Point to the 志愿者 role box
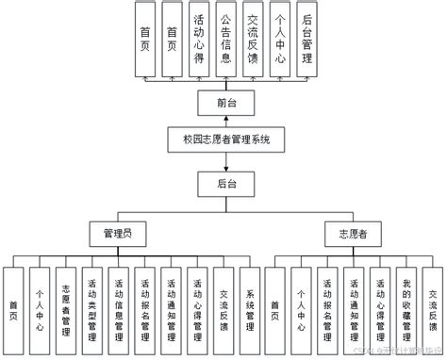(x=342, y=232)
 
